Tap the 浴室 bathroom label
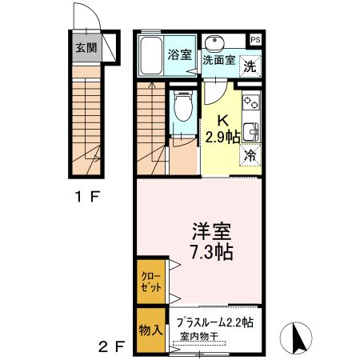click(180, 55)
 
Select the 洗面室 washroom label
click(218, 59)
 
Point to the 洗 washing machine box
click(250, 68)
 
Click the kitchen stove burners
click(251, 102)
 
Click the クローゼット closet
click(151, 282)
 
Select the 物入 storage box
click(150, 330)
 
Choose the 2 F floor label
click(111, 347)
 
